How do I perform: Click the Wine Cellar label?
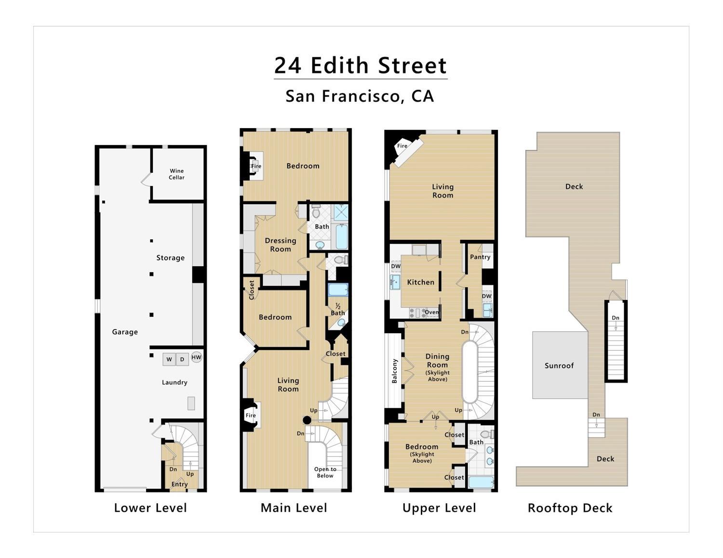click(x=176, y=174)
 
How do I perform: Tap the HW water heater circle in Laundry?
click(x=196, y=357)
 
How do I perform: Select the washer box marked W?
click(x=169, y=359)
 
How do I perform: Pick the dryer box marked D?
click(x=182, y=359)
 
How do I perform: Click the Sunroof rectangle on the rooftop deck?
click(x=559, y=365)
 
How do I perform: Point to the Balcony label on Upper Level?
click(x=395, y=371)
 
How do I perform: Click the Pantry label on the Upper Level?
click(x=480, y=257)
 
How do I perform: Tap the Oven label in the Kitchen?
click(x=431, y=312)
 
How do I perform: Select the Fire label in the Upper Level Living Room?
click(x=402, y=146)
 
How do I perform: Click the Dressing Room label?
click(x=281, y=245)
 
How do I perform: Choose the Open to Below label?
click(x=325, y=472)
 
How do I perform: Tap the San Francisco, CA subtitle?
click(x=360, y=96)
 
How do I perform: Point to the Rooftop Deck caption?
click(x=570, y=508)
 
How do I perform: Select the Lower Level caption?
click(x=150, y=508)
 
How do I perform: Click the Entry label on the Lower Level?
click(x=179, y=484)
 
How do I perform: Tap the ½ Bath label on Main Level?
click(x=338, y=310)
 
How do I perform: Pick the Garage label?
click(x=125, y=332)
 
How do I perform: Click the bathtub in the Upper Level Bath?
click(x=481, y=482)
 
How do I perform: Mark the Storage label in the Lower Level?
click(x=170, y=258)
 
